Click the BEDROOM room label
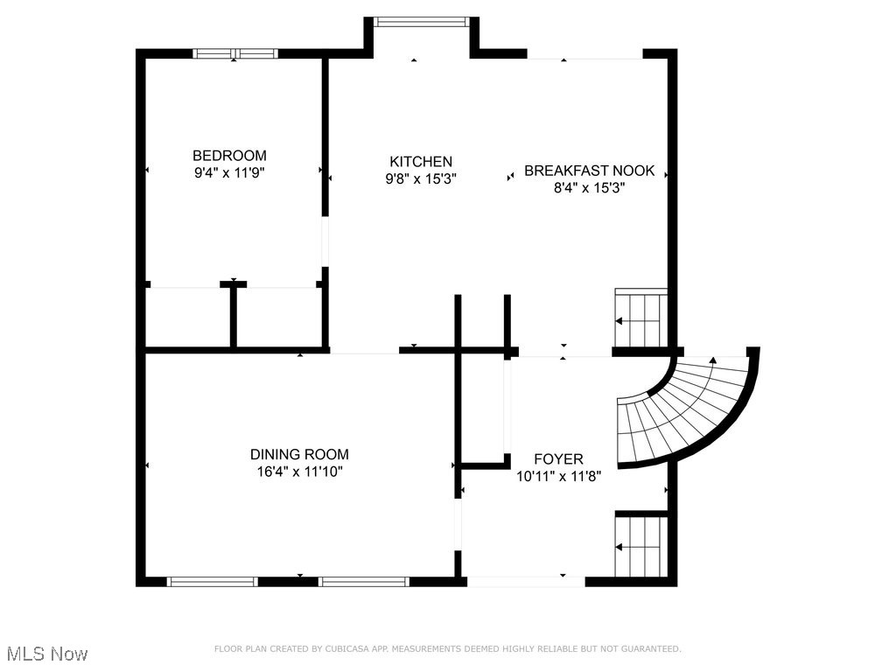pos(229,156)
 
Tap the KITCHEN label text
pos(421,162)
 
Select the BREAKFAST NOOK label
pos(589,171)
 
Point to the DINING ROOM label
pos(299,454)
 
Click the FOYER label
pos(558,458)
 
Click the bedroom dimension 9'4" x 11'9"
pos(229,172)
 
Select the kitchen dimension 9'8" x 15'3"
pos(421,178)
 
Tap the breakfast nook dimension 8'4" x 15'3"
pos(589,188)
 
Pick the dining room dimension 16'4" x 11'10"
pos(299,472)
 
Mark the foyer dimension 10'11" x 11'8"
pos(558,476)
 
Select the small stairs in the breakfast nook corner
pos(640,318)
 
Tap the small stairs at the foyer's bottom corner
pos(640,546)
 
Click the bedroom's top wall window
pos(234,53)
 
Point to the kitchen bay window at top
pos(421,22)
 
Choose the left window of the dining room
pos(212,582)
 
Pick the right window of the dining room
pos(364,582)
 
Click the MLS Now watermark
pos(47,654)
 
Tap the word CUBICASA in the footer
pos(346,648)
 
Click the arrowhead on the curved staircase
pos(712,360)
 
